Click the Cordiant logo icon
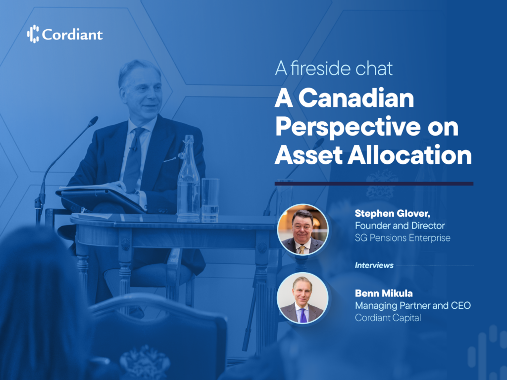click(33, 34)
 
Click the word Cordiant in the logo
click(72, 35)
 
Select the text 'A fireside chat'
click(334, 68)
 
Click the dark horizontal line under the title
click(374, 184)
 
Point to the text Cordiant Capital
click(388, 318)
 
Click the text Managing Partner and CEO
click(412, 306)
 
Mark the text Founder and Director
click(400, 226)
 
